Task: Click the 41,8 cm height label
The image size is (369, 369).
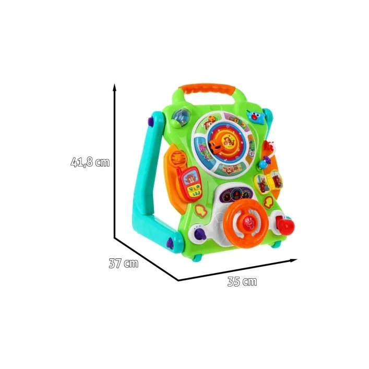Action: (x=90, y=162)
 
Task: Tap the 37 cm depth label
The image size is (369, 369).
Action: (x=124, y=264)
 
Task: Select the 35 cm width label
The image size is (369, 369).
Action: (x=242, y=281)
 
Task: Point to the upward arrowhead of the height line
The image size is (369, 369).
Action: (x=115, y=87)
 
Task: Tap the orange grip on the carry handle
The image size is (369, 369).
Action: (x=207, y=89)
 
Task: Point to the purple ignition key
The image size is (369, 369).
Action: (x=199, y=234)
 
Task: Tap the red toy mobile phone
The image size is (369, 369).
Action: (x=190, y=184)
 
